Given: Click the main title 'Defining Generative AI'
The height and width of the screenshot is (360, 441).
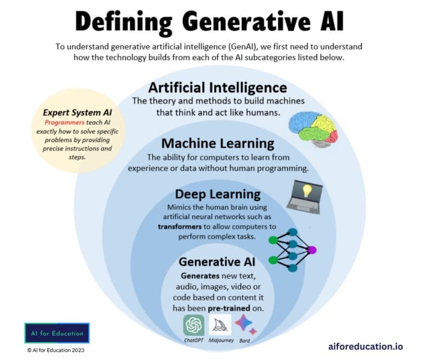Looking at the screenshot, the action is coord(209,22).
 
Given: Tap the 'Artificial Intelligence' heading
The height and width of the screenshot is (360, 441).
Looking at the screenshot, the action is coord(218,88).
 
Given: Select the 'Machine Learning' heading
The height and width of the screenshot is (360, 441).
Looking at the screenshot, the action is coord(218,143).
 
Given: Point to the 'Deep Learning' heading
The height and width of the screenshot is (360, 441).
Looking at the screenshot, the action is coord(218,194).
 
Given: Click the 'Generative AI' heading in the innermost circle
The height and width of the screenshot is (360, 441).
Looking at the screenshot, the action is coord(217,262).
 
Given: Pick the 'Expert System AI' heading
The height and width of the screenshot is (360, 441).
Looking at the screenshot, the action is coord(78,113).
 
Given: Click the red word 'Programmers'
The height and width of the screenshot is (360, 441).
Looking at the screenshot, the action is coord(64,122).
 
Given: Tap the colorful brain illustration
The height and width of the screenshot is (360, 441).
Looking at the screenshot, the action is coord(313,129).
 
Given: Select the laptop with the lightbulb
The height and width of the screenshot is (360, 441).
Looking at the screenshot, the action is coord(305,197).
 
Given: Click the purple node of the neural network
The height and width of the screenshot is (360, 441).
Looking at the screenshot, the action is coord(312,250).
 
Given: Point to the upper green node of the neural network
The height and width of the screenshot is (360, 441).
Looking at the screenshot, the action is coord(273,240).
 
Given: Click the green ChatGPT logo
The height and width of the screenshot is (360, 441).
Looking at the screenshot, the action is coord(194,325).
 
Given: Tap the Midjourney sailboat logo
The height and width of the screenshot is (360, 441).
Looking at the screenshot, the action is coord(220,325).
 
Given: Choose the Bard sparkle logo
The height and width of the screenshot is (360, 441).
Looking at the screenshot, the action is coord(245,325).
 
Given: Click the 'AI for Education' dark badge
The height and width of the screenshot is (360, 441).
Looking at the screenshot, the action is coord(57,333).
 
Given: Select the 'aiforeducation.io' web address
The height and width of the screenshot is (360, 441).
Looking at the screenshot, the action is coord(365,346).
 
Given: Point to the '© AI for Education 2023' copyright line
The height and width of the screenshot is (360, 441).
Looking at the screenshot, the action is coord(56,350).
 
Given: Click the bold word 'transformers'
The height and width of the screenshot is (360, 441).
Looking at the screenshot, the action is coord(180,226).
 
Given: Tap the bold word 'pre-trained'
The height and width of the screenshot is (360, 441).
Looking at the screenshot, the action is coord(229,308).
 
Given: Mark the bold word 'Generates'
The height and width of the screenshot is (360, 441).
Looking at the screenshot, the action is coord(200,276).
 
